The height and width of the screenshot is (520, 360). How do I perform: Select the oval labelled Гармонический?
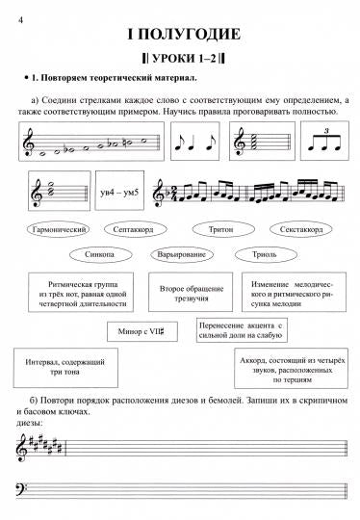61,231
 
